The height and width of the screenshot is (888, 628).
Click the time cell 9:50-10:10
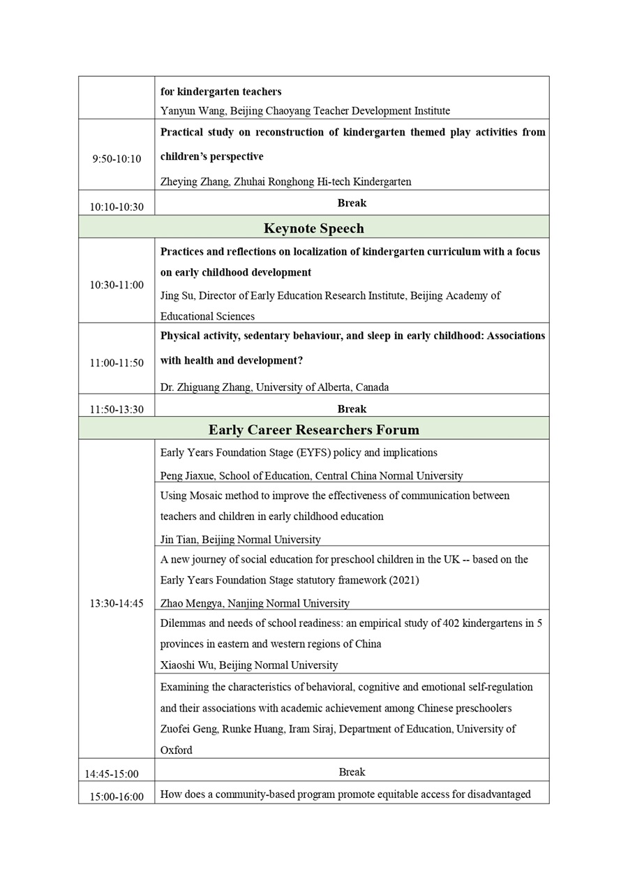(x=117, y=159)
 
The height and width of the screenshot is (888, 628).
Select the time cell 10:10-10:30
(x=117, y=207)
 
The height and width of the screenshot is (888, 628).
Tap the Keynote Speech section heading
(x=313, y=228)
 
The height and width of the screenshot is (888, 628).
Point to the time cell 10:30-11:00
(x=117, y=285)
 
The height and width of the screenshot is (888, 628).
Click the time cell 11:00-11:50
(x=117, y=363)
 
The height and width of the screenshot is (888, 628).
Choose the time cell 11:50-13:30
(x=117, y=410)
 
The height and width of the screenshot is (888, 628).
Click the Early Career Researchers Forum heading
(x=313, y=429)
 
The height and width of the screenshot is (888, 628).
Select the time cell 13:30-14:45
(x=117, y=603)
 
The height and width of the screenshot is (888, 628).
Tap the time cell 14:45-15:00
(x=112, y=774)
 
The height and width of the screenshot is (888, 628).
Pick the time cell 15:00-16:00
(x=117, y=797)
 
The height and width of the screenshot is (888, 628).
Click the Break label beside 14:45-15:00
(x=352, y=772)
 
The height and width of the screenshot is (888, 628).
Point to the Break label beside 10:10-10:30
(x=352, y=203)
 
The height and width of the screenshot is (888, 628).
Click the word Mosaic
(x=207, y=496)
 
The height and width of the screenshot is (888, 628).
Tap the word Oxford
(x=176, y=750)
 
